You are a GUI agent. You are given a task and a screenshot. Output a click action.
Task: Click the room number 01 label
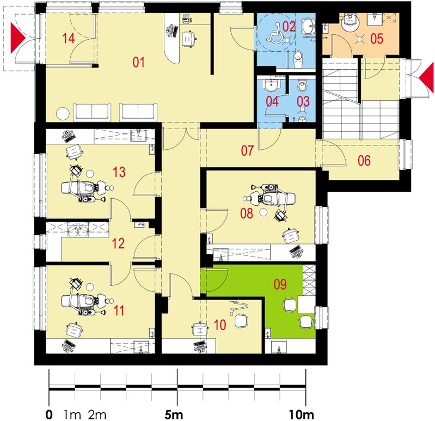[x=138, y=62]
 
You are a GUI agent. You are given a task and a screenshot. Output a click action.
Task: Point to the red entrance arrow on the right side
[x=426, y=77]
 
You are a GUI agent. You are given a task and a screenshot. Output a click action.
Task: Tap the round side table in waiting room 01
[x=63, y=114]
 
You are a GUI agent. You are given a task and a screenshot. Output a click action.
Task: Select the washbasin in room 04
[x=272, y=86]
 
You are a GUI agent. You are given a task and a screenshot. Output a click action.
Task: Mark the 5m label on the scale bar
[x=174, y=414]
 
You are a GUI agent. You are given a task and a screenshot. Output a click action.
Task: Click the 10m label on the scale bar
[x=302, y=414]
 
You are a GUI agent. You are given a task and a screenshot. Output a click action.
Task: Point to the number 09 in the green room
[x=280, y=284]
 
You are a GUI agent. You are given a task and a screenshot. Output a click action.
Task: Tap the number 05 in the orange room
[x=377, y=39]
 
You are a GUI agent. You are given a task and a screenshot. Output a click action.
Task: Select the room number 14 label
[x=68, y=38]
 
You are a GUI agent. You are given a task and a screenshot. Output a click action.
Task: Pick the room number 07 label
[x=247, y=151]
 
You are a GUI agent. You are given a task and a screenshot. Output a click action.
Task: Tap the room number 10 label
[x=220, y=325]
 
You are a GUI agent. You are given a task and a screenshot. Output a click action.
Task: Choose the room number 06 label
[x=364, y=161]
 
